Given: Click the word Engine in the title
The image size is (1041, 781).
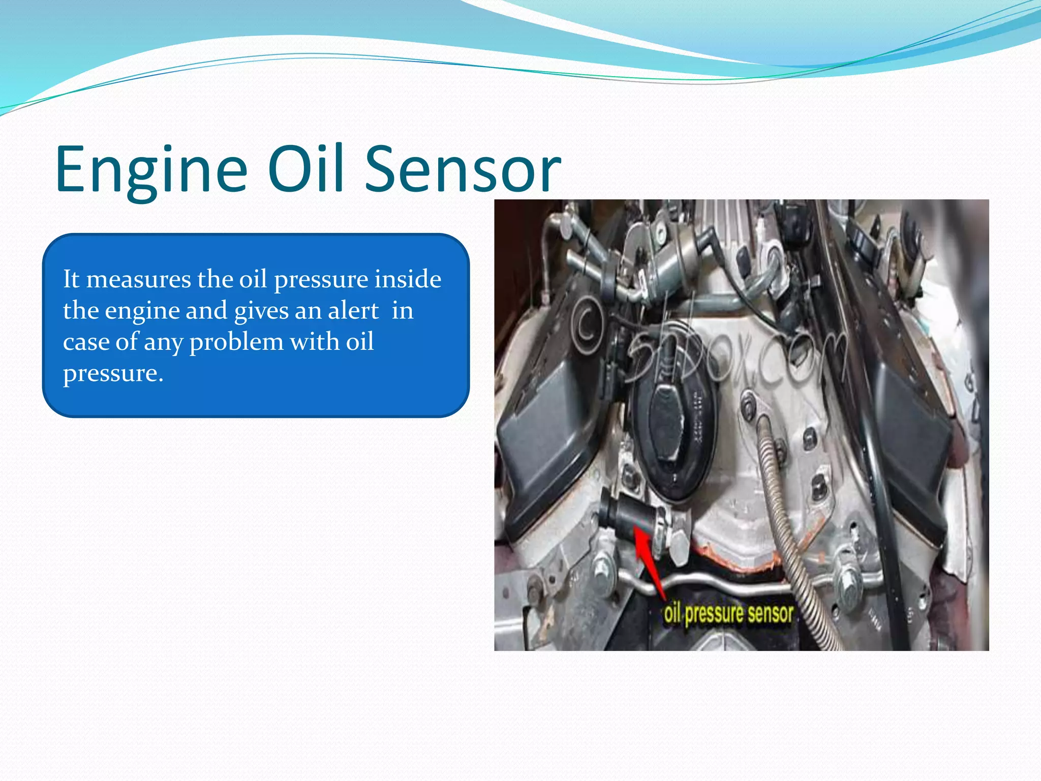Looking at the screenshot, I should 151,169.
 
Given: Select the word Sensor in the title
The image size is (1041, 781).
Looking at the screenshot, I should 463,169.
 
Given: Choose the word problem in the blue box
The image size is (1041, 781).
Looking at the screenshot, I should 236,342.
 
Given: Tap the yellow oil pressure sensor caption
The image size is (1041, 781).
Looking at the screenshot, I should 728,614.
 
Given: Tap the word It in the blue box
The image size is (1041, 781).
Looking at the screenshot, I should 71,279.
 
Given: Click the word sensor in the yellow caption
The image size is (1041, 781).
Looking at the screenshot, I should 770,614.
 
